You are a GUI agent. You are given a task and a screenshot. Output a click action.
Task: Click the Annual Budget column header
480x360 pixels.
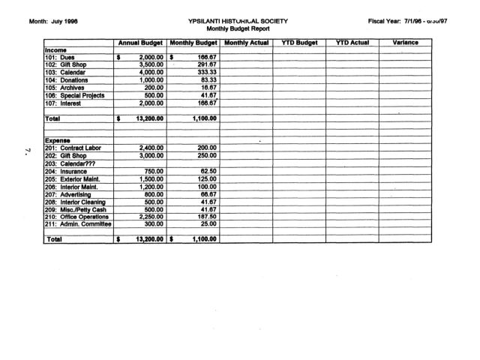point(140,43)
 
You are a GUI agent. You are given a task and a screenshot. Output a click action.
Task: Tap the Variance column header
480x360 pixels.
point(405,43)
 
